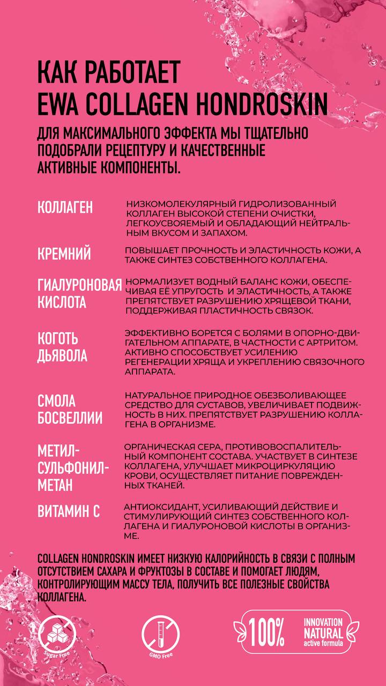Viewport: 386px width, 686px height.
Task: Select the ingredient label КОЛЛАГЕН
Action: [65, 208]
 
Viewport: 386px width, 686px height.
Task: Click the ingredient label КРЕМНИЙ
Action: [64, 254]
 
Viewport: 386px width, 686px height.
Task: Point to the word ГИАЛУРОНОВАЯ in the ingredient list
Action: [79, 285]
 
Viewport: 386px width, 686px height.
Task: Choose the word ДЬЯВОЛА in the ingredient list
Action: [62, 356]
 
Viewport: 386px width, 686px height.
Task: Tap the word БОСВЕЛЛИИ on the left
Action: [70, 418]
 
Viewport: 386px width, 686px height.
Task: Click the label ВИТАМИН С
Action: [69, 511]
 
